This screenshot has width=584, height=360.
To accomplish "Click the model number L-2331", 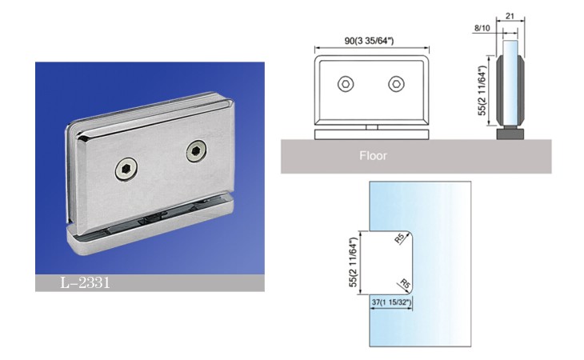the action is (85, 283).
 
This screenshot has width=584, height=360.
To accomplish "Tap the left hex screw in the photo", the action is (126, 169).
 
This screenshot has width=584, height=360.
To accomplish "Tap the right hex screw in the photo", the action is (196, 150).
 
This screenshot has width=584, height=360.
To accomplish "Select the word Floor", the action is (373, 156).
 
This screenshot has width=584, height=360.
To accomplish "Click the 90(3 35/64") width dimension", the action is (369, 41).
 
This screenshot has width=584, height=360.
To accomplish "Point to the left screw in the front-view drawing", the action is (346, 84).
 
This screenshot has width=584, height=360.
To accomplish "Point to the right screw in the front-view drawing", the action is (396, 84).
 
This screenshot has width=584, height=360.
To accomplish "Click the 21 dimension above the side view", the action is (510, 16).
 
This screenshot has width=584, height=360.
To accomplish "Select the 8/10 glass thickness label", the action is (482, 28).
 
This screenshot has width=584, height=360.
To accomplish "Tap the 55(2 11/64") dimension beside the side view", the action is (482, 91).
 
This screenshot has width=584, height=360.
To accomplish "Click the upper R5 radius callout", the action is (399, 238).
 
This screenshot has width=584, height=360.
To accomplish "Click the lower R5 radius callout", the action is (405, 284).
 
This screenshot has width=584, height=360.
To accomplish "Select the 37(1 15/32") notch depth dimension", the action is (391, 302).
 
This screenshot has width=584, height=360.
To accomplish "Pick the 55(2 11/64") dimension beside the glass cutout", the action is (353, 262).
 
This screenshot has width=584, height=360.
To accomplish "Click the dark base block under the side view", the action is (510, 134).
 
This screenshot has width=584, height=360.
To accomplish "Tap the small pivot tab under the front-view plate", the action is (372, 127).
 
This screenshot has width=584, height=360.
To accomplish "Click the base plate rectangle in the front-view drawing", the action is (372, 134).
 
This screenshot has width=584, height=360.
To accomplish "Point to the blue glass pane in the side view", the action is (510, 84).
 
